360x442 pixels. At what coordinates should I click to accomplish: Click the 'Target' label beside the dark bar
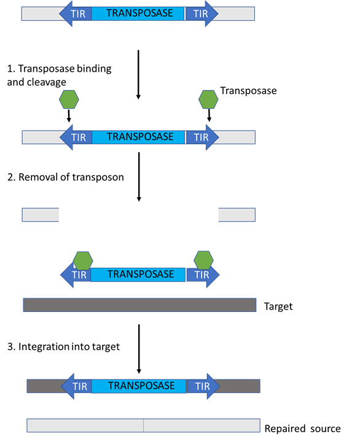(278, 306)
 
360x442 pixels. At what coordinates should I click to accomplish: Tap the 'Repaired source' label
(302, 428)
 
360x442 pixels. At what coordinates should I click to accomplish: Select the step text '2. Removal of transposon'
(66, 177)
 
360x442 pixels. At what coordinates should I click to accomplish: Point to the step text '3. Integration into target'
(63, 346)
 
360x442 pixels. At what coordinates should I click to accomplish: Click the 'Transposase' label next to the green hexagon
(248, 91)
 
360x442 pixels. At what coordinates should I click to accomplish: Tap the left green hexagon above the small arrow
(69, 99)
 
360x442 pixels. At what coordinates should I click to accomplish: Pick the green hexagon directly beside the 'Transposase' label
(208, 99)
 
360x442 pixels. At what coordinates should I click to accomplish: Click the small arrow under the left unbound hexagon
(69, 116)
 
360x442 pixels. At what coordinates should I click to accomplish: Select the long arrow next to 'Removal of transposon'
(139, 177)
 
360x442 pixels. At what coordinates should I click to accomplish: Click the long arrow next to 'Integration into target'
(139, 349)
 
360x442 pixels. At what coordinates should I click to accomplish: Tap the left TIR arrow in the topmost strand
(76, 14)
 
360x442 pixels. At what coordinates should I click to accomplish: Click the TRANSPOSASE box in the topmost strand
(138, 14)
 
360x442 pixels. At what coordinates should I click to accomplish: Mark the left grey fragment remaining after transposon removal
(41, 215)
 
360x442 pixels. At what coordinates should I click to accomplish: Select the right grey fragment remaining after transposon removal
(237, 215)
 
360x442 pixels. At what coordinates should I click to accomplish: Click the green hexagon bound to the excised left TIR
(83, 261)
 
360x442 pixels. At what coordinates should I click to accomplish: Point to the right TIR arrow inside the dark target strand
(203, 386)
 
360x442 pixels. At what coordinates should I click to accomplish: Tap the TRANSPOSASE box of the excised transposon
(138, 274)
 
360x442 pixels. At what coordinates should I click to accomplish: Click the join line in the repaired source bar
(143, 425)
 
